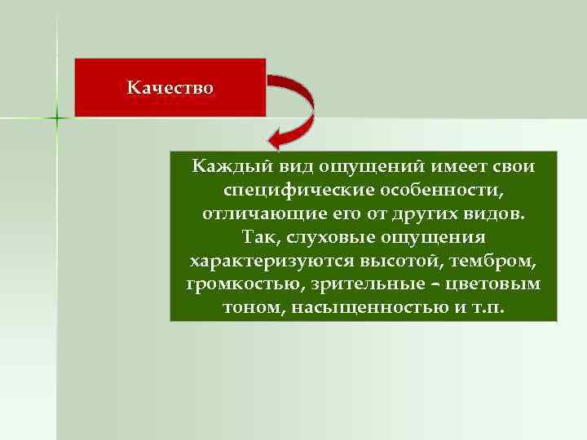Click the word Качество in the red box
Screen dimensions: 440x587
pyautogui.click(x=170, y=86)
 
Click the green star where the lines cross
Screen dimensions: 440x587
pyautogui.click(x=57, y=119)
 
